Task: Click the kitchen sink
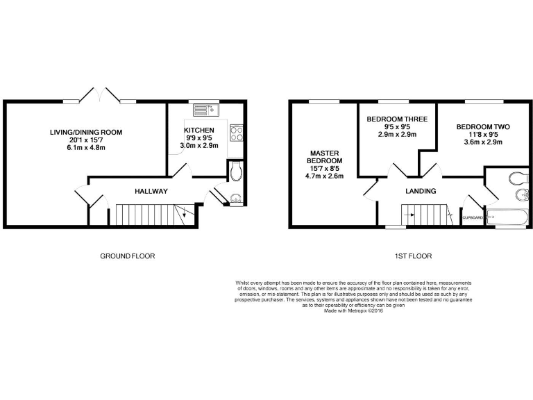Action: point(206,110)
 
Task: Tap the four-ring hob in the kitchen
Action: point(235,132)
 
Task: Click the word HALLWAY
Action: point(151,191)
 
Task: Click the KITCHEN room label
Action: point(199,131)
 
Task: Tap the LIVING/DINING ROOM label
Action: point(86,132)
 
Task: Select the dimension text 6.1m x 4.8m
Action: point(86,147)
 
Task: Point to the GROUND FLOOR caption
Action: point(128,256)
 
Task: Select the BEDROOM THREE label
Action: point(397,119)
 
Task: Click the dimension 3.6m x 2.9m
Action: point(483,142)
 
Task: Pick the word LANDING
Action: point(421,191)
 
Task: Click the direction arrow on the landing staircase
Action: point(449,215)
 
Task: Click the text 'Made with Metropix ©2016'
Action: point(353,310)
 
